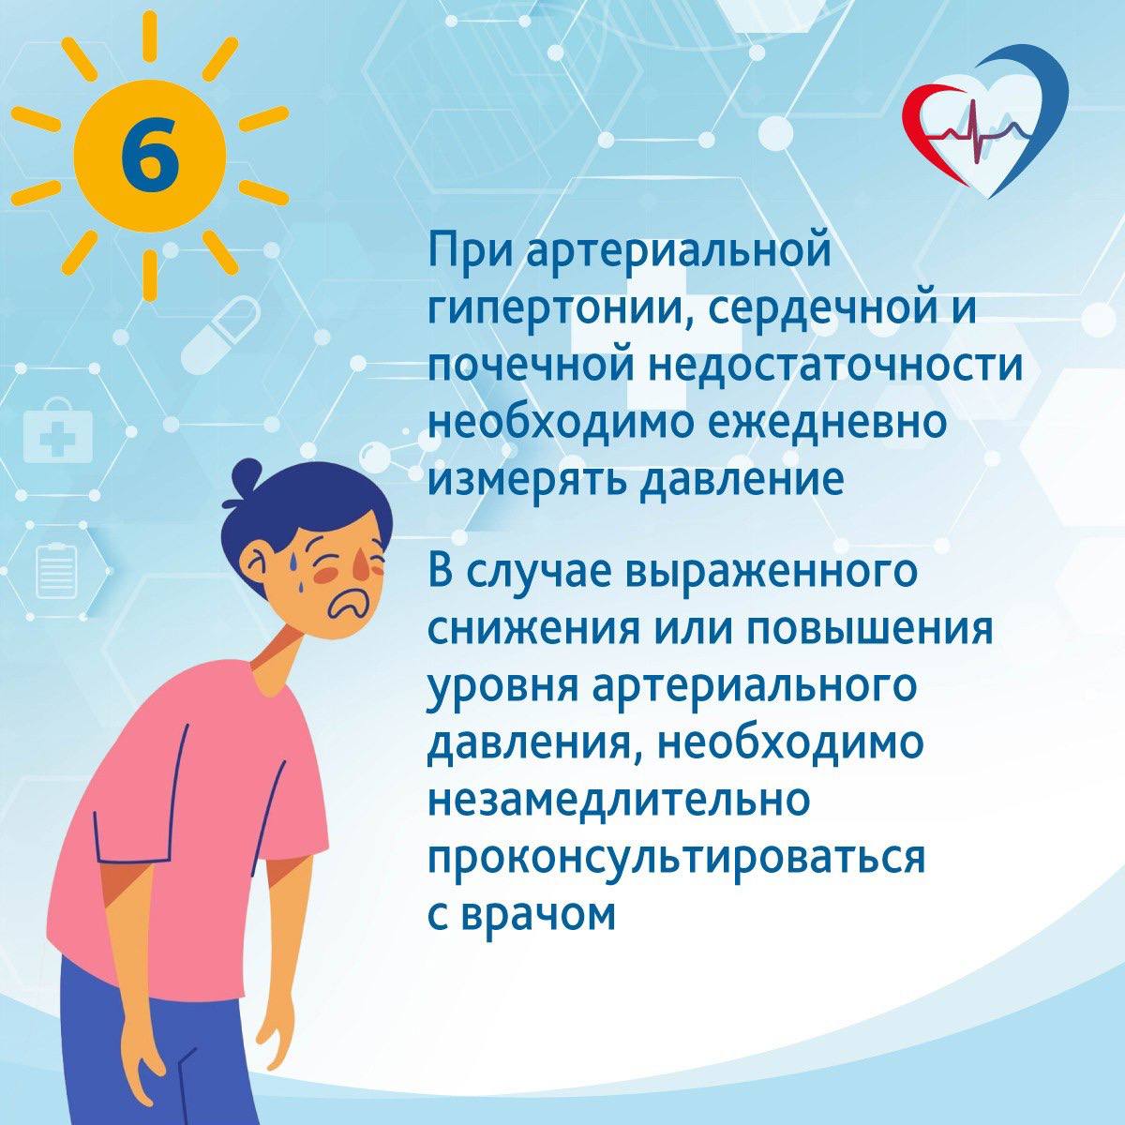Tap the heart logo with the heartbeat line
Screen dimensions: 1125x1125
click(987, 127)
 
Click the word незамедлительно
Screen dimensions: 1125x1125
click(620, 800)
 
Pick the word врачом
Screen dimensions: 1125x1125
click(538, 915)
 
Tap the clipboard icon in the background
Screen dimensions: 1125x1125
click(58, 572)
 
